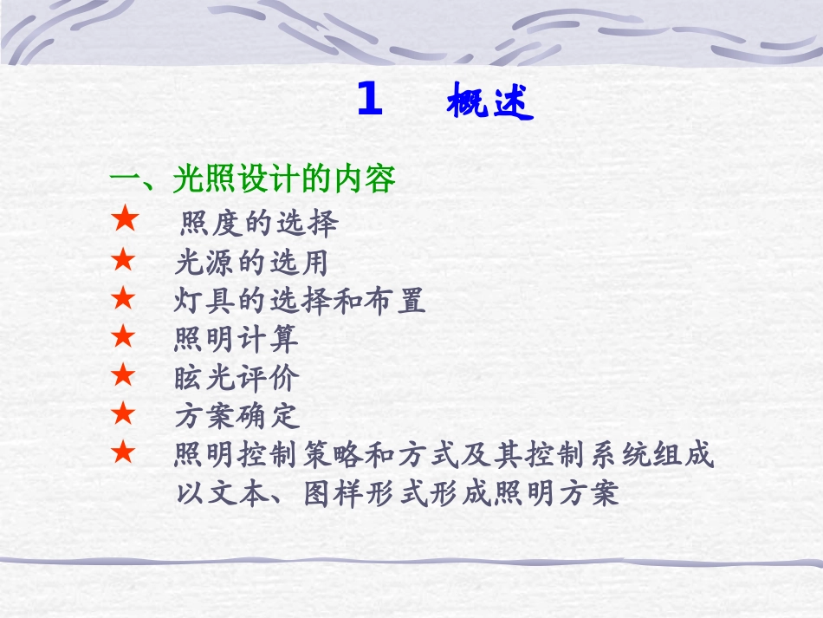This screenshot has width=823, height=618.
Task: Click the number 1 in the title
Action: pos(369,101)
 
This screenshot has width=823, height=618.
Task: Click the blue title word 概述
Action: pos(489,104)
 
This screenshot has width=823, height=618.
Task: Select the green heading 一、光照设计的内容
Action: pos(252,180)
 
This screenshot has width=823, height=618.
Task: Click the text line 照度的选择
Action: pos(259,224)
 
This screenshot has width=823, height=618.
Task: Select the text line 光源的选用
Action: pos(251,262)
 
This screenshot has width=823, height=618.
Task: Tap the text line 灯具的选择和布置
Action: pos(300,301)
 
